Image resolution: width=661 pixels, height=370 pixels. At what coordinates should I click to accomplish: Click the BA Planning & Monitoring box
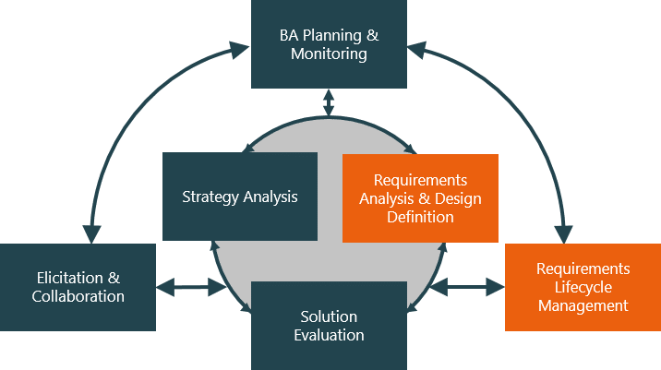329,44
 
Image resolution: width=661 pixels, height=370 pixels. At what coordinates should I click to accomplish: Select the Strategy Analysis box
240,196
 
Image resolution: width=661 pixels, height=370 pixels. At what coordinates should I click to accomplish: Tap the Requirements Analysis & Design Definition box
420,198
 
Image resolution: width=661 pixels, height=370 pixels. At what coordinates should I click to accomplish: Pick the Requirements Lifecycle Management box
583,287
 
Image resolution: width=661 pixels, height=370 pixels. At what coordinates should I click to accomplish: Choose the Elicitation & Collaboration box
78,287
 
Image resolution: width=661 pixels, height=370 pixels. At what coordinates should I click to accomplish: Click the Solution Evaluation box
329,325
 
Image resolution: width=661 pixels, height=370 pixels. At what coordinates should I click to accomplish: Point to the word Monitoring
329,54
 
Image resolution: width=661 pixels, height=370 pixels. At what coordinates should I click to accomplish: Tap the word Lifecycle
583,287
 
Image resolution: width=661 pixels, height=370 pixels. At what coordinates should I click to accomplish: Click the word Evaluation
329,335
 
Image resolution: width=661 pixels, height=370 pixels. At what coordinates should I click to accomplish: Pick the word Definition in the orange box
420,218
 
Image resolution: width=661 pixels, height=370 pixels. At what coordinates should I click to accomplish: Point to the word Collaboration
78,297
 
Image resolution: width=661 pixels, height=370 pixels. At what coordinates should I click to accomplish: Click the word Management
583,305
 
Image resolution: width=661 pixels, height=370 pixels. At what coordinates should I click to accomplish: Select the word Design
460,199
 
